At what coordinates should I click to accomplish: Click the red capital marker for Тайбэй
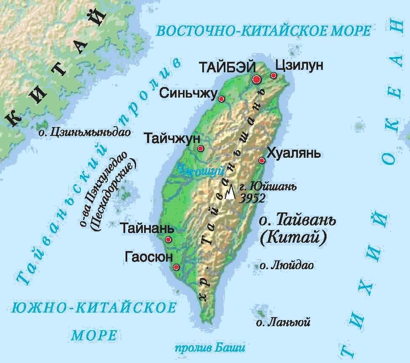pos(257,79)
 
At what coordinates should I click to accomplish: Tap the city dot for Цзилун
pos(273,76)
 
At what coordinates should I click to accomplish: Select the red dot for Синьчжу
pos(221,99)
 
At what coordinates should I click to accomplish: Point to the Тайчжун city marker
pos(201,148)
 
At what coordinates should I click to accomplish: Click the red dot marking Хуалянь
pos(262,160)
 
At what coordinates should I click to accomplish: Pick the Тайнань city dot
pos(168,239)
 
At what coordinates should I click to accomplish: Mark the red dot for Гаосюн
pos(176,267)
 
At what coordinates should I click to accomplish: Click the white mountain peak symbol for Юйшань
pos(230,192)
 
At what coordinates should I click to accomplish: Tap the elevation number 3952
pos(252,199)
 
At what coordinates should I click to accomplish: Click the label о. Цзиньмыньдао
pos(84,132)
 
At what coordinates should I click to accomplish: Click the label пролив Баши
pos(209,348)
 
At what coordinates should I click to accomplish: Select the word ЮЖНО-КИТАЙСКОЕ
pos(94,308)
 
